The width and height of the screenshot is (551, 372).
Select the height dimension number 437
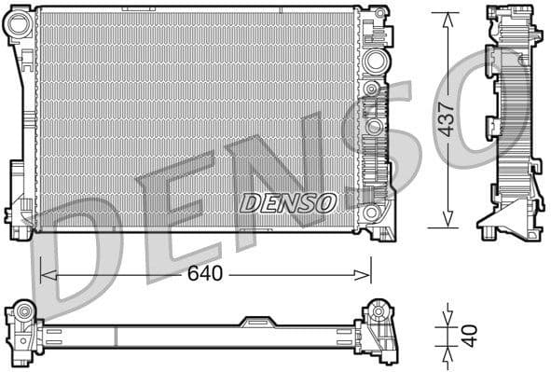click(447, 119)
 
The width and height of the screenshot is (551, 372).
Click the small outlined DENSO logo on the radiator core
click(286, 202)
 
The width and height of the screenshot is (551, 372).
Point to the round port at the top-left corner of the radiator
click(19, 25)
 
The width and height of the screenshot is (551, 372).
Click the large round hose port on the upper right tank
click(375, 62)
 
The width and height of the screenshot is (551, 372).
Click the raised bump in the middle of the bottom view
click(258, 322)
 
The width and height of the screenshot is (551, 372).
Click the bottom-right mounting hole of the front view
click(374, 214)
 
